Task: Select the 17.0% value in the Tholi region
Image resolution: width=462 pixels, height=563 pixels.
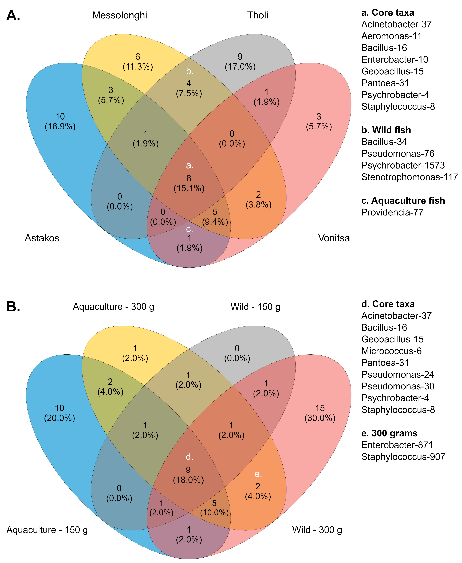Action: [x=240, y=67]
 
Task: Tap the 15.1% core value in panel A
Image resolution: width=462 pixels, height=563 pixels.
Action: [x=189, y=188]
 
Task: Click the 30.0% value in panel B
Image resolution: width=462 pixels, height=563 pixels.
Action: [x=320, y=418]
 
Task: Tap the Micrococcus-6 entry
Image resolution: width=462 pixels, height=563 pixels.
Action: [x=391, y=351]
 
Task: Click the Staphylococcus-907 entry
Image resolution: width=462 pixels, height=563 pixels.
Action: [x=403, y=457]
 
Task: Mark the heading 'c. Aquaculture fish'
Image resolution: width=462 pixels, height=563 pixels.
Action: [x=403, y=200]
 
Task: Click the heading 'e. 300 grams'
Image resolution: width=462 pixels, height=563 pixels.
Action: [x=389, y=433]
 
